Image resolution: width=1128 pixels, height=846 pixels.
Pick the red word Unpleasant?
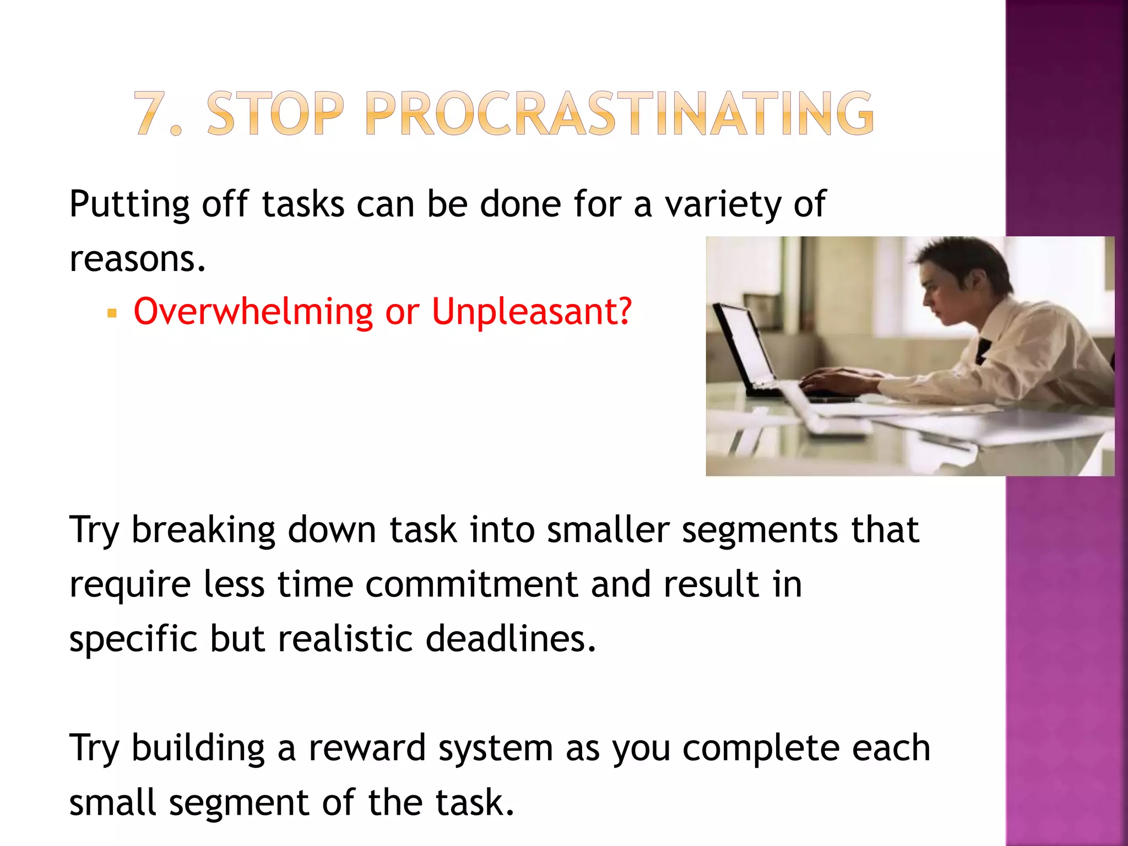531,312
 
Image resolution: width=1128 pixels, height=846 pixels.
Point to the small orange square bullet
112,314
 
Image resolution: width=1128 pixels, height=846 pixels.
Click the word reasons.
137,259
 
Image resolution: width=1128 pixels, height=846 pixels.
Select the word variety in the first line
722,205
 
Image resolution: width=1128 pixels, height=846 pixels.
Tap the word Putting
129,205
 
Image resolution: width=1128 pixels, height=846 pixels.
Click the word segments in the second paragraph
760,531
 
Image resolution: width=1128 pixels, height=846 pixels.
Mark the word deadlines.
511,639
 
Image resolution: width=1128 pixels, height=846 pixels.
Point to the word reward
367,748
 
